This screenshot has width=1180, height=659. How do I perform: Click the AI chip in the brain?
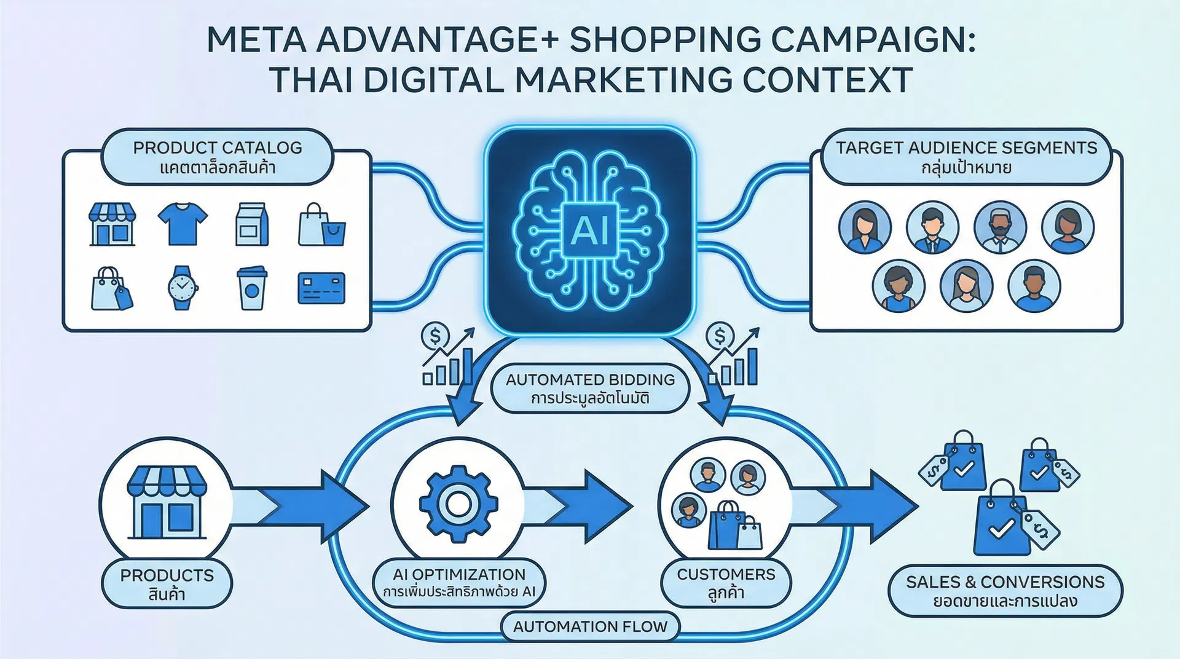pyautogui.click(x=589, y=231)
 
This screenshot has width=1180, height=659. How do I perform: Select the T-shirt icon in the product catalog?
pyautogui.click(x=183, y=224)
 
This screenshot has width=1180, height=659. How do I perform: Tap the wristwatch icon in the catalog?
pyautogui.click(x=182, y=287)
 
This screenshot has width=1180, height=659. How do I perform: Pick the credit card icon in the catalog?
pyautogui.click(x=321, y=288)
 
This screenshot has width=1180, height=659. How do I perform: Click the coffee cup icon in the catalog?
pyautogui.click(x=251, y=288)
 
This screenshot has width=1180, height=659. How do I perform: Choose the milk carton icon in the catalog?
pyautogui.click(x=252, y=224)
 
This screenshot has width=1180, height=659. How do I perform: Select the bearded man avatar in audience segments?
pyautogui.click(x=1000, y=227)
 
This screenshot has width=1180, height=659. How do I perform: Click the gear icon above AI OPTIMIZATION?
pyautogui.click(x=458, y=504)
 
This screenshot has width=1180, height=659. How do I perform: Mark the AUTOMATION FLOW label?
pyautogui.click(x=590, y=626)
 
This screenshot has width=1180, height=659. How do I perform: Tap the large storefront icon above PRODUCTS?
pyautogui.click(x=167, y=502)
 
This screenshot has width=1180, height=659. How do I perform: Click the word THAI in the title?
pyautogui.click(x=312, y=80)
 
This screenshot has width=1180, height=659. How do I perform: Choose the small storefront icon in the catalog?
pyautogui.click(x=112, y=224)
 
